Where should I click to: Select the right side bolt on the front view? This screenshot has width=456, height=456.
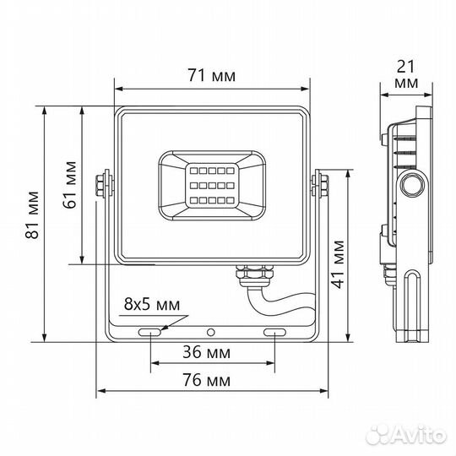[x=322, y=186]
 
